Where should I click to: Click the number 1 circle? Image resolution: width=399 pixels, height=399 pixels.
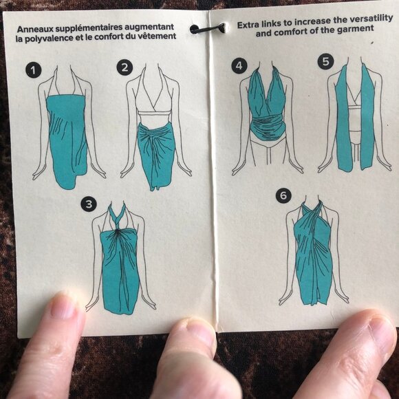[33, 70]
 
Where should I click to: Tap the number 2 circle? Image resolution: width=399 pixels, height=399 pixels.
[125, 67]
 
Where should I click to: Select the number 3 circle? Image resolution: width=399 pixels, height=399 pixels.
[89, 204]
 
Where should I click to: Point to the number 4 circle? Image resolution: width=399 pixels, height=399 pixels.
[239, 66]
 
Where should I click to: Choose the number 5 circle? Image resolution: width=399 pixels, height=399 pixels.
[325, 61]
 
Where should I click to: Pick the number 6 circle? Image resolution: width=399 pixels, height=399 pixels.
[283, 195]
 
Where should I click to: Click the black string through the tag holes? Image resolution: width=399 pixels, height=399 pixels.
[208, 28]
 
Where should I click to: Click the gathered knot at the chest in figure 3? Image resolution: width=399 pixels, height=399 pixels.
[118, 232]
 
